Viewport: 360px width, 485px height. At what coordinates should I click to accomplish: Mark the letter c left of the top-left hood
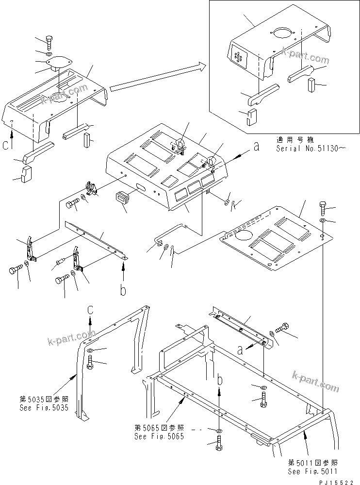(x=5, y=145)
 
